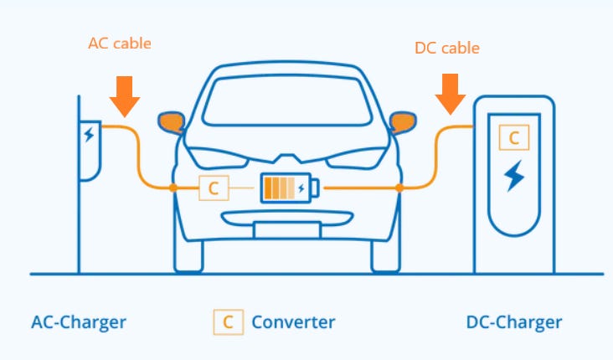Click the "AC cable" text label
click(x=120, y=44)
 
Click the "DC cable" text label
click(x=447, y=48)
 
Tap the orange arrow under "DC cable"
click(x=451, y=94)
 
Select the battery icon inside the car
click(x=285, y=188)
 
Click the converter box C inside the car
click(x=213, y=188)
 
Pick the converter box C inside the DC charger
click(x=513, y=136)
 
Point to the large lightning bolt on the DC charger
click(x=513, y=176)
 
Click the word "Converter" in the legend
click(x=293, y=321)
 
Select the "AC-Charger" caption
click(x=79, y=321)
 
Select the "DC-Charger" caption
click(x=513, y=322)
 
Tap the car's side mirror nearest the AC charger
click(x=172, y=122)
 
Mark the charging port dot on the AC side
click(x=173, y=188)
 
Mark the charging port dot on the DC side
click(x=399, y=188)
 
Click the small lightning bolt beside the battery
click(x=301, y=188)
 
